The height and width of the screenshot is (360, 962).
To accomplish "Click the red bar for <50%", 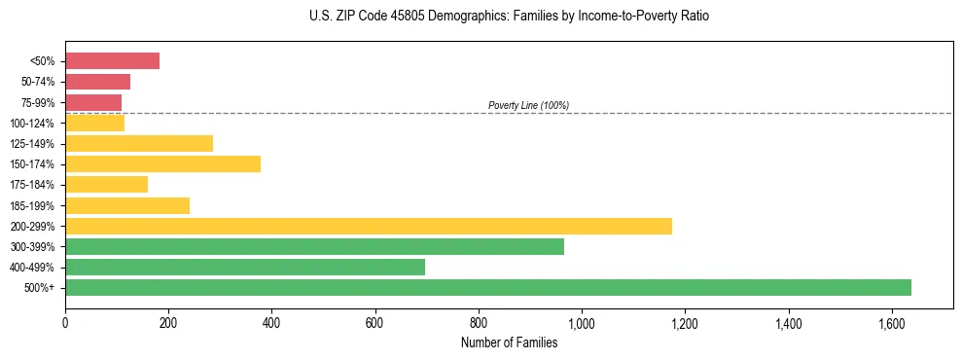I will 112,61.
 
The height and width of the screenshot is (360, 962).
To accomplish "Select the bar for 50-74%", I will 97,82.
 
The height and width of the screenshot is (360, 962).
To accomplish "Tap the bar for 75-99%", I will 93,102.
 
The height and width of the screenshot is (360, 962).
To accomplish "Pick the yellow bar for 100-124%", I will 94,123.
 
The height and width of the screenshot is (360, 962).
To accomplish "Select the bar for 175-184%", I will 106,184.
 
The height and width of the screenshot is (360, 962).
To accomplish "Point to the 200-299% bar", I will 369,226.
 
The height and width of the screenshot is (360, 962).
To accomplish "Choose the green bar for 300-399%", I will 314,246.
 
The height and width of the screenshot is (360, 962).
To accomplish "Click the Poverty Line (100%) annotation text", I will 528,105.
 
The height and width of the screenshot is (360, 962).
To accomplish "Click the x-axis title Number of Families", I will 509,342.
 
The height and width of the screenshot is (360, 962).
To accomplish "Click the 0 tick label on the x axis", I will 65,322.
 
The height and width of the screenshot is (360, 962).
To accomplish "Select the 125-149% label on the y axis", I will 32,144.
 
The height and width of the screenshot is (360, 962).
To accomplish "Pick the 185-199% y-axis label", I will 32,205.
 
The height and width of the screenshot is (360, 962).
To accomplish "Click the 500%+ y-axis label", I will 40,288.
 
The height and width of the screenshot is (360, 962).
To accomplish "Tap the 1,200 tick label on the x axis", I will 685,322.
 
